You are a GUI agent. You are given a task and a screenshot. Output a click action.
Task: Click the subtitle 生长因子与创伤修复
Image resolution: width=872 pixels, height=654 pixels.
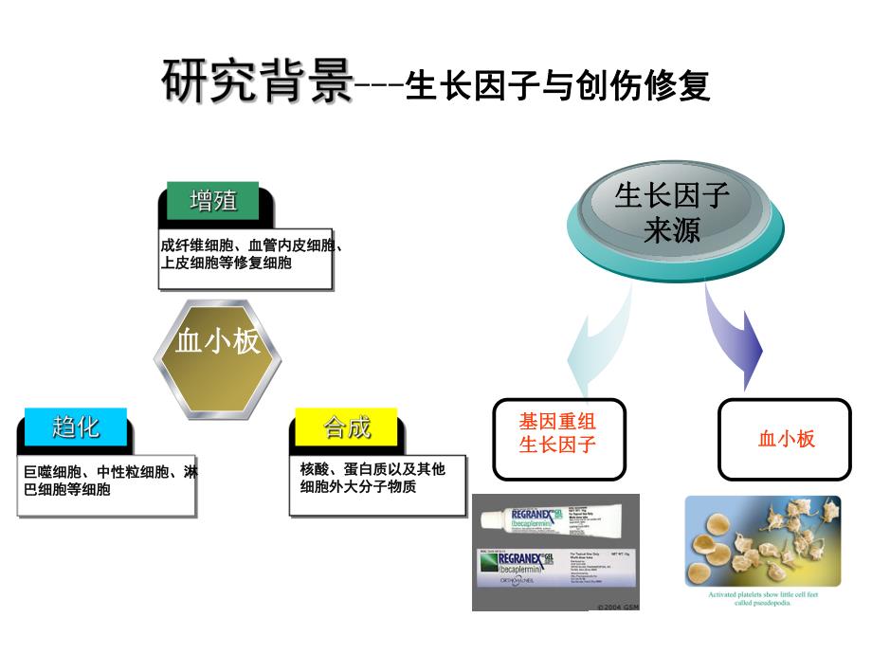556,86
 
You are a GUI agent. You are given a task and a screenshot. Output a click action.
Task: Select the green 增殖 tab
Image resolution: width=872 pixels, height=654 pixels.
213,201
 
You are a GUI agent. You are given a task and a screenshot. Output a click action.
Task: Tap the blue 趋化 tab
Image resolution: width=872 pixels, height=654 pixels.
75,427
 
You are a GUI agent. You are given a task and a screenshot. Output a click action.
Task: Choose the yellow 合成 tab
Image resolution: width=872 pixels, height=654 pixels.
347,427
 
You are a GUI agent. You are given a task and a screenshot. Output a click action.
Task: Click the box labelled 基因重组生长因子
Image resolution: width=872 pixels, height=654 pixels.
558,438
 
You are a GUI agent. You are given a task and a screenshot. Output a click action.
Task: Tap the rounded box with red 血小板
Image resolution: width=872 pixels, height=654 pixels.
786,438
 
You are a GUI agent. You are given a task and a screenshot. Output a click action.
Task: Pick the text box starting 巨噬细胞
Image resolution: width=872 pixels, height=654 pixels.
106,483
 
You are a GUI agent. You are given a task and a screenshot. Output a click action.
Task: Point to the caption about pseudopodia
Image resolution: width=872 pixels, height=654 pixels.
762,599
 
